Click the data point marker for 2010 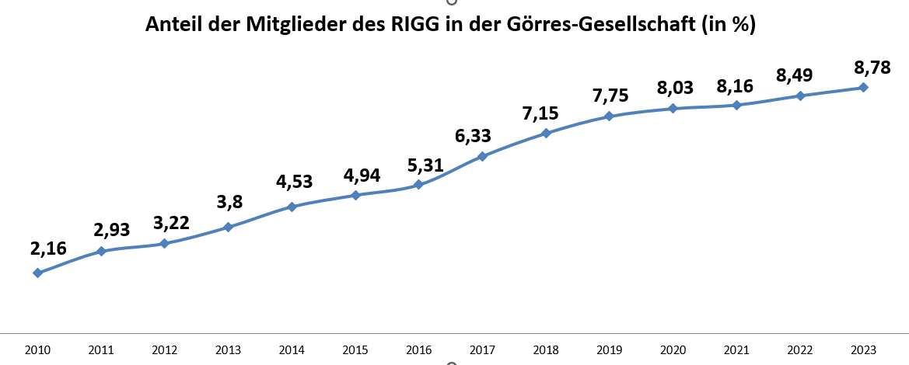37,273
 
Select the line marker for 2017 482,156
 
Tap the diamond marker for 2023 863,87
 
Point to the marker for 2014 292,207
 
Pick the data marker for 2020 673,108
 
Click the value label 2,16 48,249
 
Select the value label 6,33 473,135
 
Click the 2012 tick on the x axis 164,350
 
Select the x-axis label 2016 418,350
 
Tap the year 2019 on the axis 609,350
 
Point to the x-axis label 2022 799,350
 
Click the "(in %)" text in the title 727,25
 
